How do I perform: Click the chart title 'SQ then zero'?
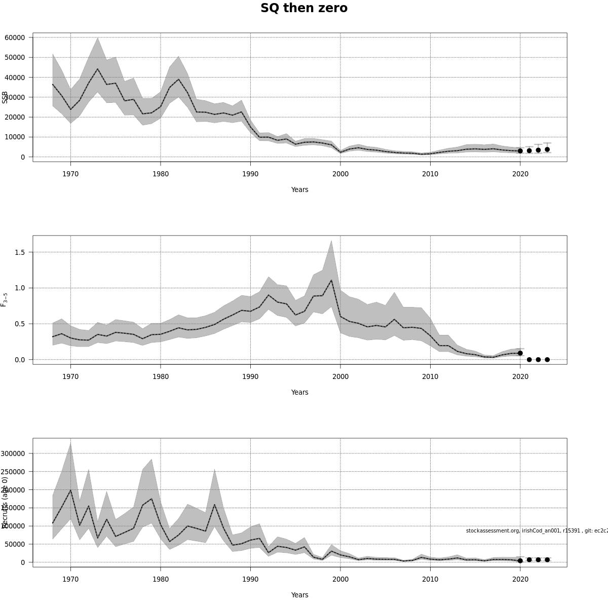[304, 9]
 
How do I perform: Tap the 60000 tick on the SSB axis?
[15, 37]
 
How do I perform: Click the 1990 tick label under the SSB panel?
[250, 174]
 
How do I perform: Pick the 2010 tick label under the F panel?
[430, 376]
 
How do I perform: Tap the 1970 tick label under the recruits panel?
[70, 579]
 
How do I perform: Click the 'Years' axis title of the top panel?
[299, 189]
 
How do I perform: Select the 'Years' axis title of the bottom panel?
[299, 595]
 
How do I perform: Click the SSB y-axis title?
[5, 97]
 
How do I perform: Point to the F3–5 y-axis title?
[4, 299]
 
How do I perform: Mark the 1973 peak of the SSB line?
[98, 69]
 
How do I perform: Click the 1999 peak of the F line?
[331, 280]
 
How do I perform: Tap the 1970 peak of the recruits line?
[70, 490]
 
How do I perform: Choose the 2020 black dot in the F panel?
[520, 353]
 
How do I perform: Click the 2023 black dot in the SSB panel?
[547, 149]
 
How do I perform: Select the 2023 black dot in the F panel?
[547, 360]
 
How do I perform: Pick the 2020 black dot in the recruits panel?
[520, 561]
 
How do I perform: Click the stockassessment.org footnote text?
[537, 530]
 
